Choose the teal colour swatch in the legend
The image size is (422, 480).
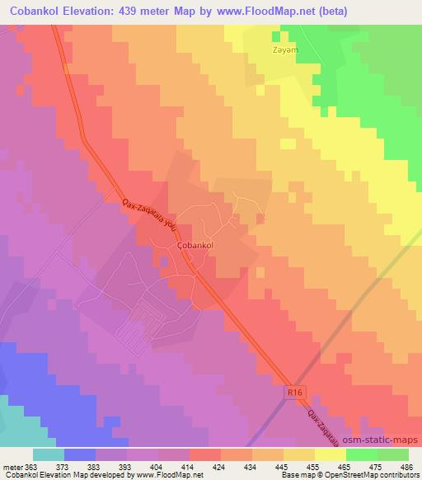(49, 454)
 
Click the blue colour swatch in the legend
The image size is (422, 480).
(80, 454)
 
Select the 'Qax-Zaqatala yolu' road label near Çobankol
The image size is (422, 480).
(149, 212)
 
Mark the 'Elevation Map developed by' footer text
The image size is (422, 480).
(89, 475)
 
